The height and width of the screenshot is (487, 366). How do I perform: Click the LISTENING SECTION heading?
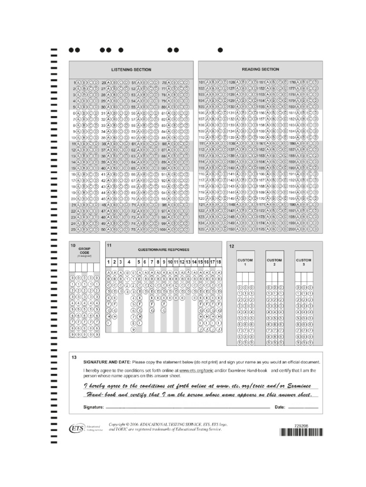131,70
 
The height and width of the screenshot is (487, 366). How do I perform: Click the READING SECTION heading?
261,69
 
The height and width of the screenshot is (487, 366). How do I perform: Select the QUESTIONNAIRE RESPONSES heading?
163,249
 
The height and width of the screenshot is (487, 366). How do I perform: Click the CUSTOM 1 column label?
245,262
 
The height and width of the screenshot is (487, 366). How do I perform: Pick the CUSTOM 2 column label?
274,262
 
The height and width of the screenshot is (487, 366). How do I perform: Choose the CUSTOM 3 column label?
304,262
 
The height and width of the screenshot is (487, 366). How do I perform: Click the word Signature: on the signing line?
93,407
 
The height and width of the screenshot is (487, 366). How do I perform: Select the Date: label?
279,407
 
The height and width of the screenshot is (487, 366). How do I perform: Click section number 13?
74,357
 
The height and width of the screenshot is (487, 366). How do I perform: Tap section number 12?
232,246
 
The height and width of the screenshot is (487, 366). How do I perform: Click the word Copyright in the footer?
119,424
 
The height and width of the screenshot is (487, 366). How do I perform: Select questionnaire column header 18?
218,262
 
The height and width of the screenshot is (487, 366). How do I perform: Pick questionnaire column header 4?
129,262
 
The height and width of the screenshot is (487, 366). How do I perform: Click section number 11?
109,245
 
